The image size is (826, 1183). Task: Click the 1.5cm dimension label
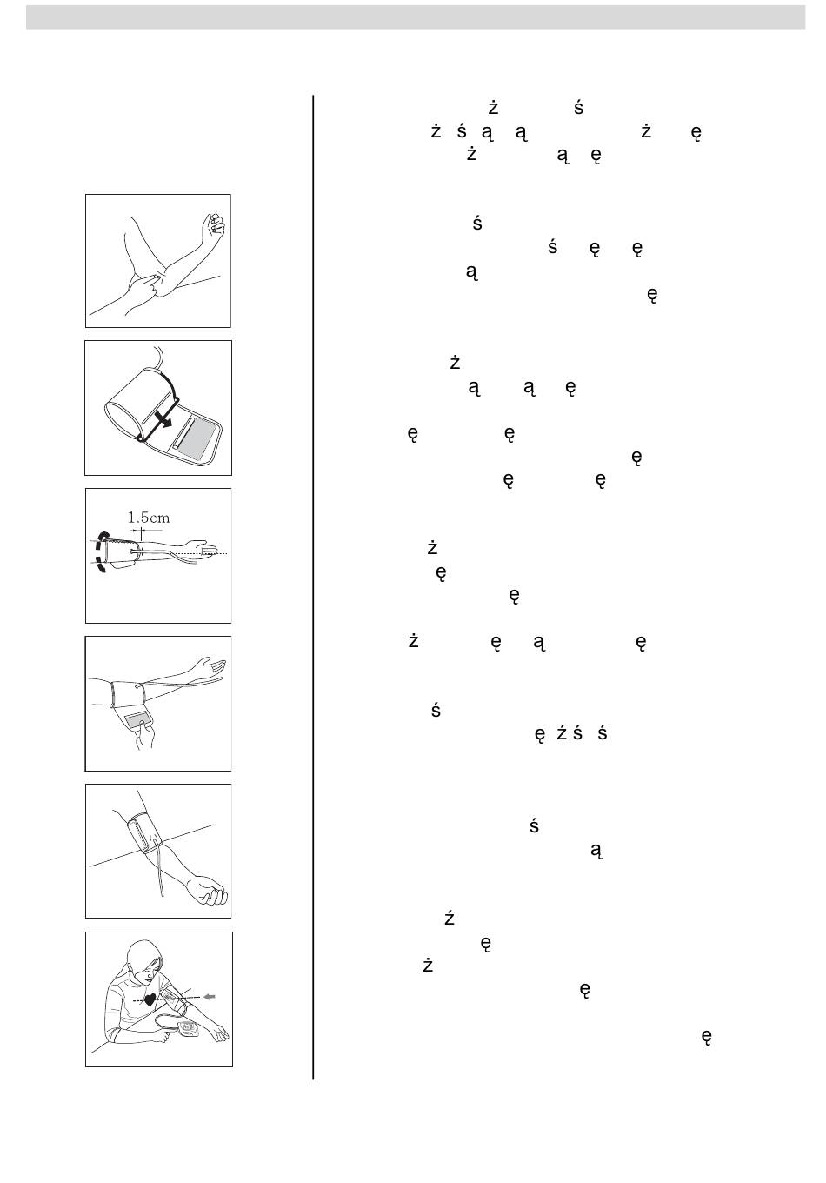pyautogui.click(x=150, y=518)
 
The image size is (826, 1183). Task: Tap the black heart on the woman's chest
pyautogui.click(x=150, y=999)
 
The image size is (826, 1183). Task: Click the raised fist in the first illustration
pyautogui.click(x=212, y=229)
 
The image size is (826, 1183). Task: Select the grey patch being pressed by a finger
pyautogui.click(x=140, y=719)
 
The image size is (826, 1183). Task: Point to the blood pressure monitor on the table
pyautogui.click(x=192, y=1029)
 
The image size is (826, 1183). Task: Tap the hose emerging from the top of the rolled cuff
pyautogui.click(x=159, y=357)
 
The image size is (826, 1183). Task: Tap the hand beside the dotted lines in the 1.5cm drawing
pyautogui.click(x=208, y=551)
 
